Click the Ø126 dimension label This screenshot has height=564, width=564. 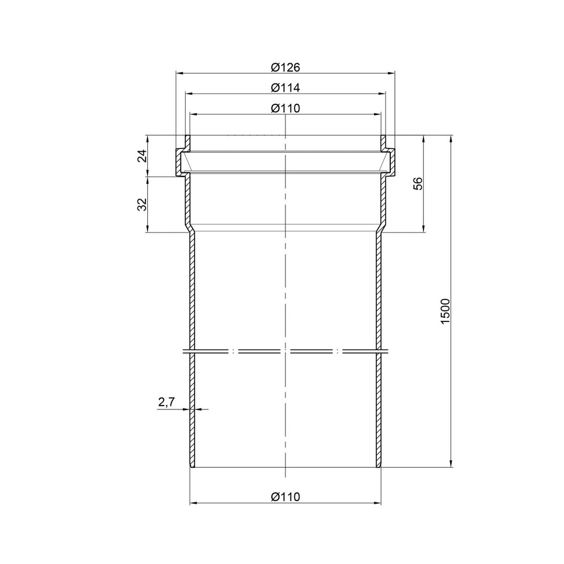click(x=285, y=67)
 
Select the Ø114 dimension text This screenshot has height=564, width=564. click(x=285, y=88)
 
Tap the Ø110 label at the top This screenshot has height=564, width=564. click(x=285, y=108)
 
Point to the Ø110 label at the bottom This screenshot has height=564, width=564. click(x=285, y=497)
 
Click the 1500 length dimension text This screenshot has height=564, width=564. click(x=446, y=311)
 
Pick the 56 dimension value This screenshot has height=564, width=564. click(x=417, y=183)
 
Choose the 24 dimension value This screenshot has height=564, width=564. click(x=143, y=156)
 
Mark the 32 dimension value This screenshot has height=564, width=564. click(x=143, y=204)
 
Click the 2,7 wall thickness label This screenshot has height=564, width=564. click(x=166, y=402)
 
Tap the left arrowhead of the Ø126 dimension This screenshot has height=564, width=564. click(x=179, y=73)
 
